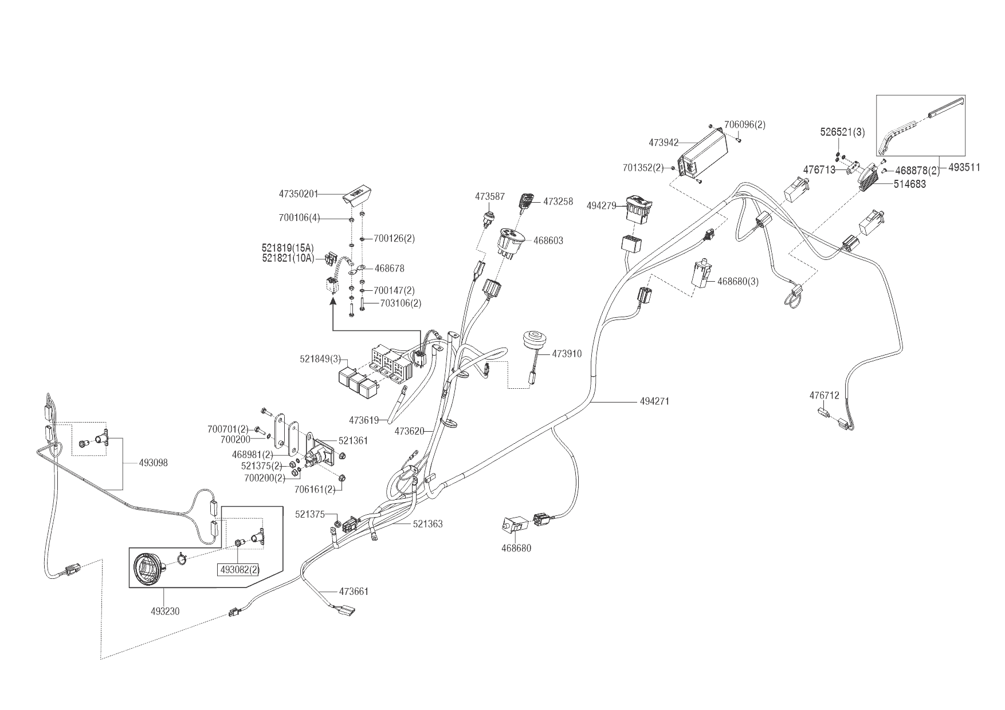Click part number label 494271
point(654,401)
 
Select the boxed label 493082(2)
point(238,570)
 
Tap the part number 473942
point(664,142)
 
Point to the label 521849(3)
point(320,359)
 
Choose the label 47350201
point(298,194)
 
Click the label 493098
point(153,463)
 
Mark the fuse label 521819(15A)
point(288,248)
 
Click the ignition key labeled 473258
point(526,202)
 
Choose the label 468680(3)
point(738,281)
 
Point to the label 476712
point(824,396)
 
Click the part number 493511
point(964,168)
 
